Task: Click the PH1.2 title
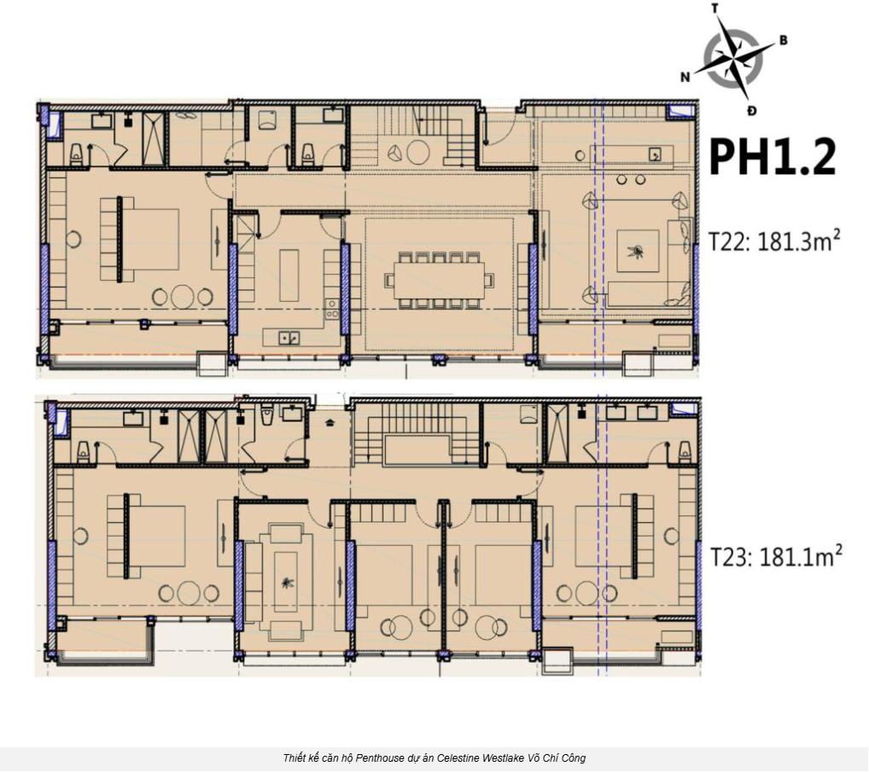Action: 773,157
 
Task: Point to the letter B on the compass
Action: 783,40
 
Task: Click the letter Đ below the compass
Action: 751,111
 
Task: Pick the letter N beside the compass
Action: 685,77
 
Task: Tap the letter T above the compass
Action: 715,8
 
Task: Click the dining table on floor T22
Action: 440,281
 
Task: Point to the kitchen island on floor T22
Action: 289,275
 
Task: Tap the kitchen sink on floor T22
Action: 289,337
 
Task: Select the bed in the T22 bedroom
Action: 140,239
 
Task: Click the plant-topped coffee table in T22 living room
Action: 638,252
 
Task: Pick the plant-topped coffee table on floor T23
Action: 286,582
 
